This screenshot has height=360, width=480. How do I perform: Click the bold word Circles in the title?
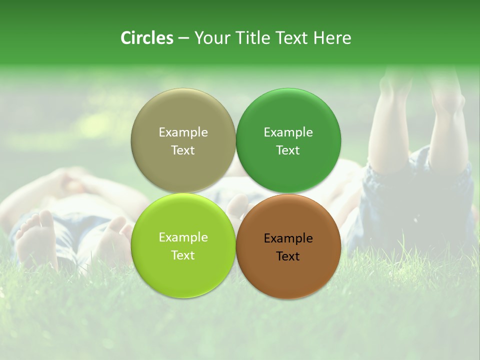[147, 38]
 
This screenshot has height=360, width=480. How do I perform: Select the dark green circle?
[288, 115]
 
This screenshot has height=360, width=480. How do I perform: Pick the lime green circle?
[183, 270]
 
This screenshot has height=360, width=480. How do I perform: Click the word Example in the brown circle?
[288, 238]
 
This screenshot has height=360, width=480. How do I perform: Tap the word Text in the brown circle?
[288, 256]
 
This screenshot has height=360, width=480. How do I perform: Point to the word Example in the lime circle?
[183, 237]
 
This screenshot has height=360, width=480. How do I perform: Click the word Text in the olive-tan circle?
[183, 150]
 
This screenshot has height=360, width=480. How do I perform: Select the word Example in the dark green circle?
[288, 132]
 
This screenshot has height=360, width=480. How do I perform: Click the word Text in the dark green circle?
[288, 150]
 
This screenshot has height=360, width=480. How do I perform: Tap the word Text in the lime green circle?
[183, 255]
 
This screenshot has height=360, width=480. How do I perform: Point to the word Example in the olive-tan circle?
[183, 132]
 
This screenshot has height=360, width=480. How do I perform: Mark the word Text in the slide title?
[292, 38]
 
